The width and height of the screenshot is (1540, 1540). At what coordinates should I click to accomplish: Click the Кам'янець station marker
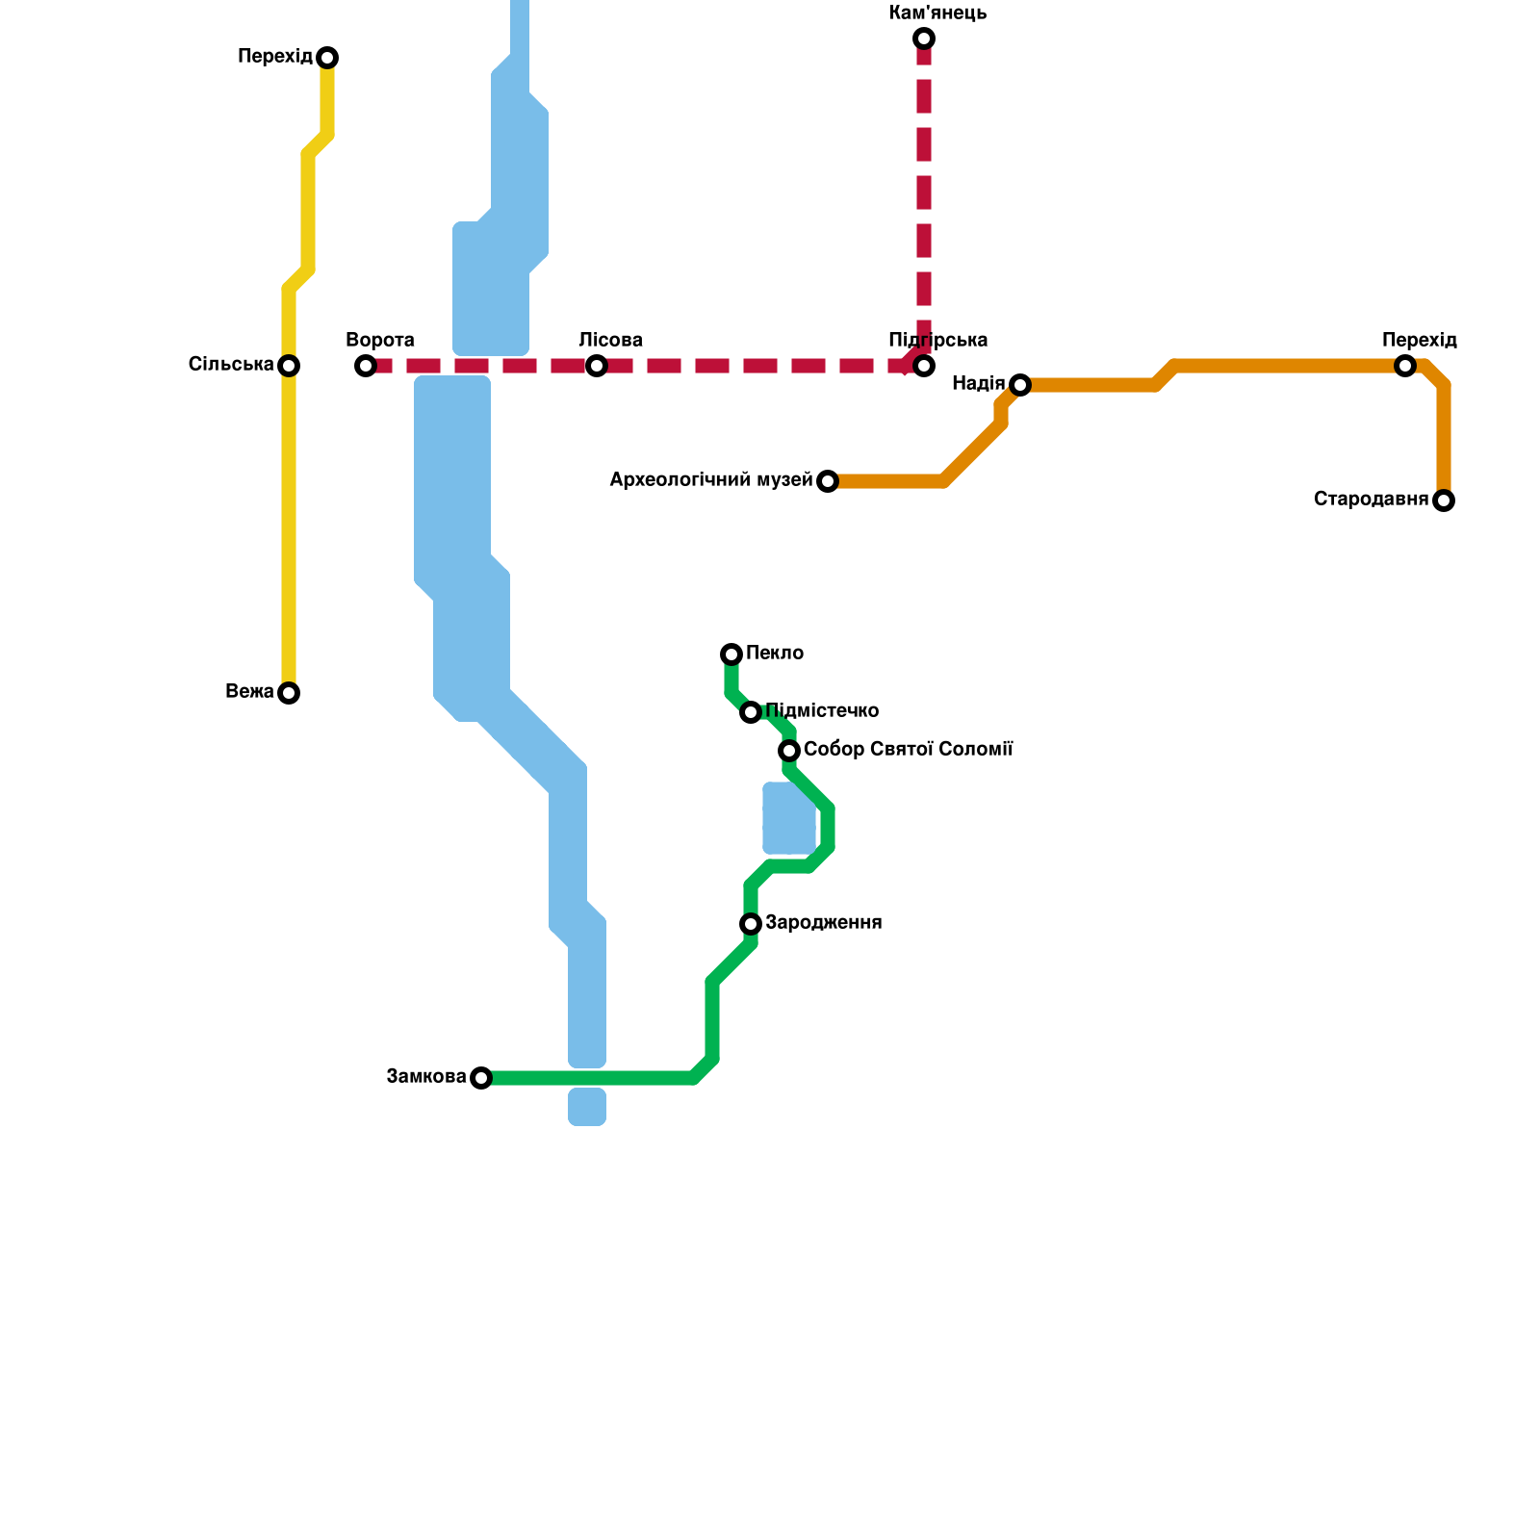click(924, 38)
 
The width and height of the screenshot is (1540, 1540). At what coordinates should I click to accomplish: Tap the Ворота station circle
click(366, 366)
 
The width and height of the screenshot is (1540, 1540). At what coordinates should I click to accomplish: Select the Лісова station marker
click(597, 366)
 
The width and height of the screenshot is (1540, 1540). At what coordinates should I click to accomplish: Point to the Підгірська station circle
click(924, 366)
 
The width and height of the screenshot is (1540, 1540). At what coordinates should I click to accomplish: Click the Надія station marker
click(1020, 385)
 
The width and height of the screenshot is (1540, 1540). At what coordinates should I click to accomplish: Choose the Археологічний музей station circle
click(828, 481)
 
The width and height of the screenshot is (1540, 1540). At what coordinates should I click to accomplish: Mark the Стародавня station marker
click(1443, 500)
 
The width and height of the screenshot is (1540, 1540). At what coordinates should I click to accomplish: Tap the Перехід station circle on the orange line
click(1405, 366)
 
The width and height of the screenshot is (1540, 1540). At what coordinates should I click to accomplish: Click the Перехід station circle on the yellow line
click(327, 58)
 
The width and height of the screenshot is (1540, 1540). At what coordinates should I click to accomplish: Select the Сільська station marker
click(289, 366)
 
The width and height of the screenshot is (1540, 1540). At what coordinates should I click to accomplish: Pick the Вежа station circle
click(289, 693)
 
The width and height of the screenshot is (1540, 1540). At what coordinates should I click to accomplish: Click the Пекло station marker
click(731, 654)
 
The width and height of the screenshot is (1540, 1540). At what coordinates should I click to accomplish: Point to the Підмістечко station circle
click(751, 712)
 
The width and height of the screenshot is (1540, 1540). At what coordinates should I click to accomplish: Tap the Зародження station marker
click(751, 924)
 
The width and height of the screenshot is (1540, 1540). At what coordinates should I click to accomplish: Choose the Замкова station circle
click(481, 1078)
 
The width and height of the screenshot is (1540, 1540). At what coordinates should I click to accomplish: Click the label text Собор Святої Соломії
click(908, 749)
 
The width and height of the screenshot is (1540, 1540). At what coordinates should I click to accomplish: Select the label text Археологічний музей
click(711, 480)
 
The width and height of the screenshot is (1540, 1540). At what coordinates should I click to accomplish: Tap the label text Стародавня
click(1371, 500)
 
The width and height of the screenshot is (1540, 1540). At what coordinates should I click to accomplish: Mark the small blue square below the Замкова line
click(587, 1107)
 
